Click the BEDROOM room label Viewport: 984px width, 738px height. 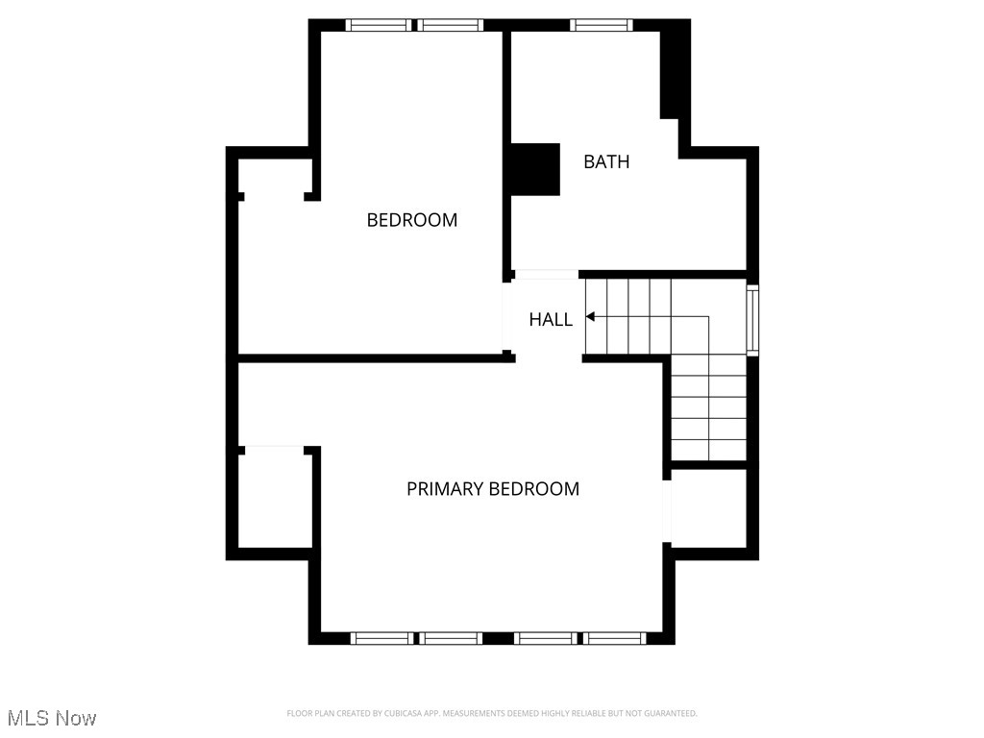411,220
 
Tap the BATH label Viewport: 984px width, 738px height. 606,161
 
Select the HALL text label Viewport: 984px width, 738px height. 551,320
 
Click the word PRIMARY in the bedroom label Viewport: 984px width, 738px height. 445,489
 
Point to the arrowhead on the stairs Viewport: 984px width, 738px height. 590,316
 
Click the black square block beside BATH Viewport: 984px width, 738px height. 533,169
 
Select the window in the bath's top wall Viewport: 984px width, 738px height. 601,25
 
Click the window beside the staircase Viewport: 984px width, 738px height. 752,320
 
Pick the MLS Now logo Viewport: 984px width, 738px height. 52,718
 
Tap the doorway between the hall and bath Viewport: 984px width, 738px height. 547,274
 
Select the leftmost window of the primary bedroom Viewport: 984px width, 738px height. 381,638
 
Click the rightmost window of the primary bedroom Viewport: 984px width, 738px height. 616,638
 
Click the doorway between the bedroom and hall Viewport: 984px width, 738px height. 507,318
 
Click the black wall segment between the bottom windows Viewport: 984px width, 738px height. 497,638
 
